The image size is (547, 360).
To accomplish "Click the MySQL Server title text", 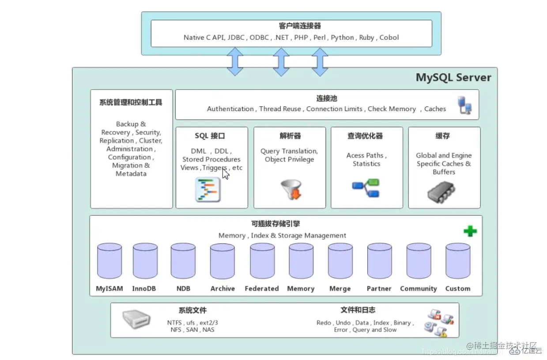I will (x=453, y=78).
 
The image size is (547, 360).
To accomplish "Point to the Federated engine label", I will (x=262, y=289).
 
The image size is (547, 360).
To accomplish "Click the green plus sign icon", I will (x=470, y=231).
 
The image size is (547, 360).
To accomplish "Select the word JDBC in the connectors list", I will (x=237, y=37).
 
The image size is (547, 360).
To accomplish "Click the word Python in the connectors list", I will (x=342, y=37).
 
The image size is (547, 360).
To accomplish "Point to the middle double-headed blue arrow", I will (x=281, y=62).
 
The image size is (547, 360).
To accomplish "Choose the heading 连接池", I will (x=327, y=98).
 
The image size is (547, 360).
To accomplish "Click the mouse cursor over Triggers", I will (x=226, y=174).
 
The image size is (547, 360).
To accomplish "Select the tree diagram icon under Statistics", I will (x=366, y=188).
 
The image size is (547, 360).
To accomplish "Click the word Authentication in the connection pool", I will (x=230, y=109).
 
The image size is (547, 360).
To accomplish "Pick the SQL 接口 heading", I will (x=210, y=136).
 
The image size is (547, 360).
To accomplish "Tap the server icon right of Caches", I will (x=464, y=105).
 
